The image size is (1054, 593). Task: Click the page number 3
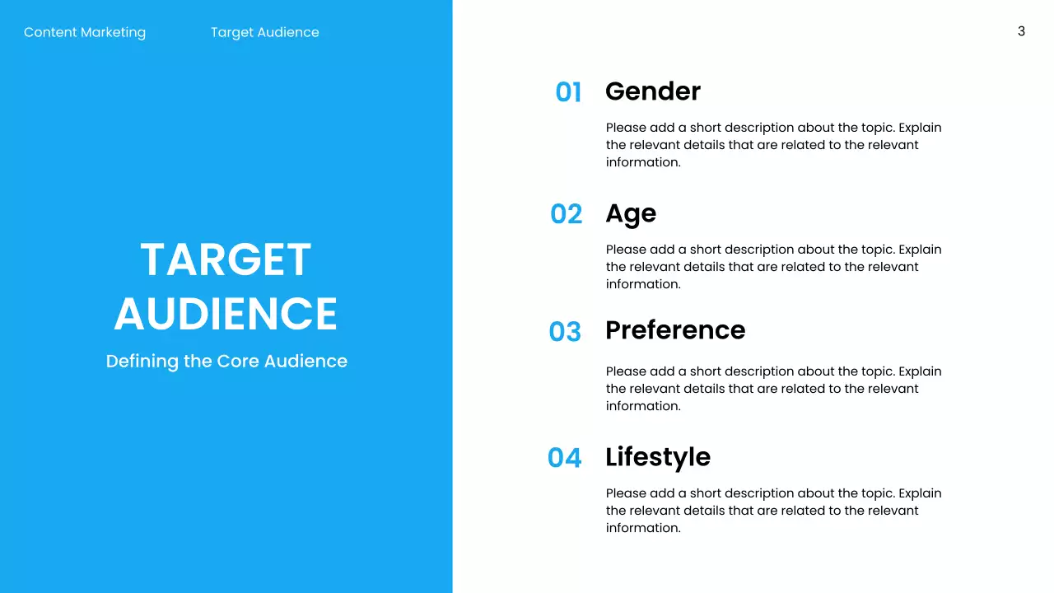click(x=1021, y=31)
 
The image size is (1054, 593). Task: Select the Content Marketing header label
click(x=85, y=32)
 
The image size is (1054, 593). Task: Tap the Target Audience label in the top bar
click(x=264, y=32)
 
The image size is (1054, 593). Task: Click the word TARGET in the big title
click(x=226, y=259)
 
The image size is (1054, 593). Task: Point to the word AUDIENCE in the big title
click(x=226, y=314)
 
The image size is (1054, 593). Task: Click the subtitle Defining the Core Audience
click(x=226, y=361)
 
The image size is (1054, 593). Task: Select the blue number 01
click(x=568, y=92)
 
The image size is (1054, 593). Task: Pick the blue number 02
click(x=566, y=214)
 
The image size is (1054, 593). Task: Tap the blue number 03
click(x=565, y=332)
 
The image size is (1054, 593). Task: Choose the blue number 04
click(x=564, y=458)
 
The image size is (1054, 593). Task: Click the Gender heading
click(x=652, y=91)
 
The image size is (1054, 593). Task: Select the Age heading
click(x=631, y=213)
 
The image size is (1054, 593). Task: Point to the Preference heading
click(x=674, y=329)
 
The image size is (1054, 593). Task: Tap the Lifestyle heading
click(x=657, y=456)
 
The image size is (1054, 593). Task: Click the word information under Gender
click(x=642, y=162)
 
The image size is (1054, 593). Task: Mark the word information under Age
click(x=642, y=284)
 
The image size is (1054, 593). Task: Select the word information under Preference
click(x=642, y=406)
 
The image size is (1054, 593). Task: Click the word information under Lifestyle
click(x=642, y=528)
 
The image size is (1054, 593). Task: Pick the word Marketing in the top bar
click(x=114, y=32)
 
